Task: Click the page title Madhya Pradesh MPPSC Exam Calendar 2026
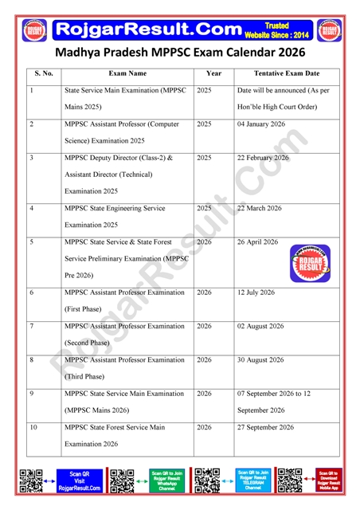[180, 52]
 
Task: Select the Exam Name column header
[127, 73]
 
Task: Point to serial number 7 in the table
[31, 326]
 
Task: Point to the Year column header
[213, 73]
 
